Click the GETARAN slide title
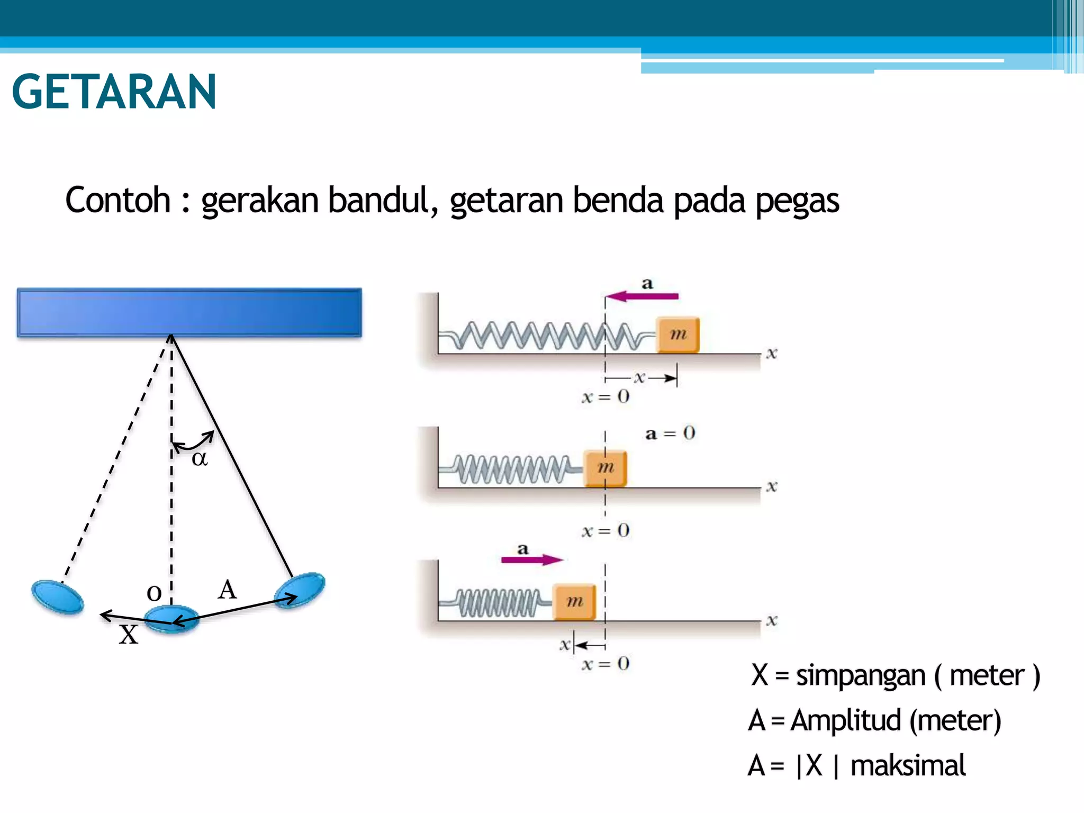[114, 92]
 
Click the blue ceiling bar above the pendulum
[189, 312]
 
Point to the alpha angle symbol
[200, 458]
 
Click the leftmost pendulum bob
[57, 597]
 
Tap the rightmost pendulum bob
[300, 590]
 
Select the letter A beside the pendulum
[227, 589]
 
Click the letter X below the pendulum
[128, 635]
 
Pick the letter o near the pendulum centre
[154, 593]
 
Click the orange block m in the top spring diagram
[678, 335]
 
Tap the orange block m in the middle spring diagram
[605, 468]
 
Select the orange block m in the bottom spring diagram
[574, 602]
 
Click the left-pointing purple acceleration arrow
[642, 296]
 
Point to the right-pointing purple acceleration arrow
[532, 560]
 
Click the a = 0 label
[670, 434]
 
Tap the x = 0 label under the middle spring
[606, 530]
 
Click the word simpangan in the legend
[860, 676]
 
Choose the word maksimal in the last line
[908, 766]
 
